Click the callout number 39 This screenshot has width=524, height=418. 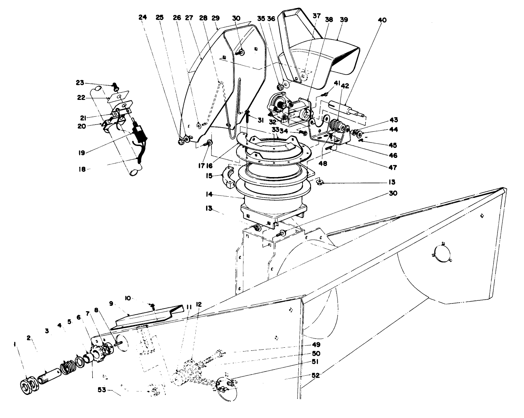pyautogui.click(x=344, y=20)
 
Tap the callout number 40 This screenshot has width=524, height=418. pyautogui.click(x=382, y=20)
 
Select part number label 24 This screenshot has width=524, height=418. pyautogui.click(x=143, y=17)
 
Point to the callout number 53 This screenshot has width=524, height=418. pyautogui.click(x=102, y=390)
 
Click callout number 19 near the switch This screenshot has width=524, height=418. pyautogui.click(x=82, y=153)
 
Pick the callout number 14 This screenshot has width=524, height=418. pyautogui.click(x=209, y=194)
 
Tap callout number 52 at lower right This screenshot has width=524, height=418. pyautogui.click(x=316, y=375)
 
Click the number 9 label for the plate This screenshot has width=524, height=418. pyautogui.click(x=111, y=304)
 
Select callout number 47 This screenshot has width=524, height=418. pyautogui.click(x=393, y=168)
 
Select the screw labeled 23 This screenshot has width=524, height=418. pyautogui.click(x=115, y=86)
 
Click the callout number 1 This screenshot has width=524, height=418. pyautogui.click(x=15, y=344)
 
